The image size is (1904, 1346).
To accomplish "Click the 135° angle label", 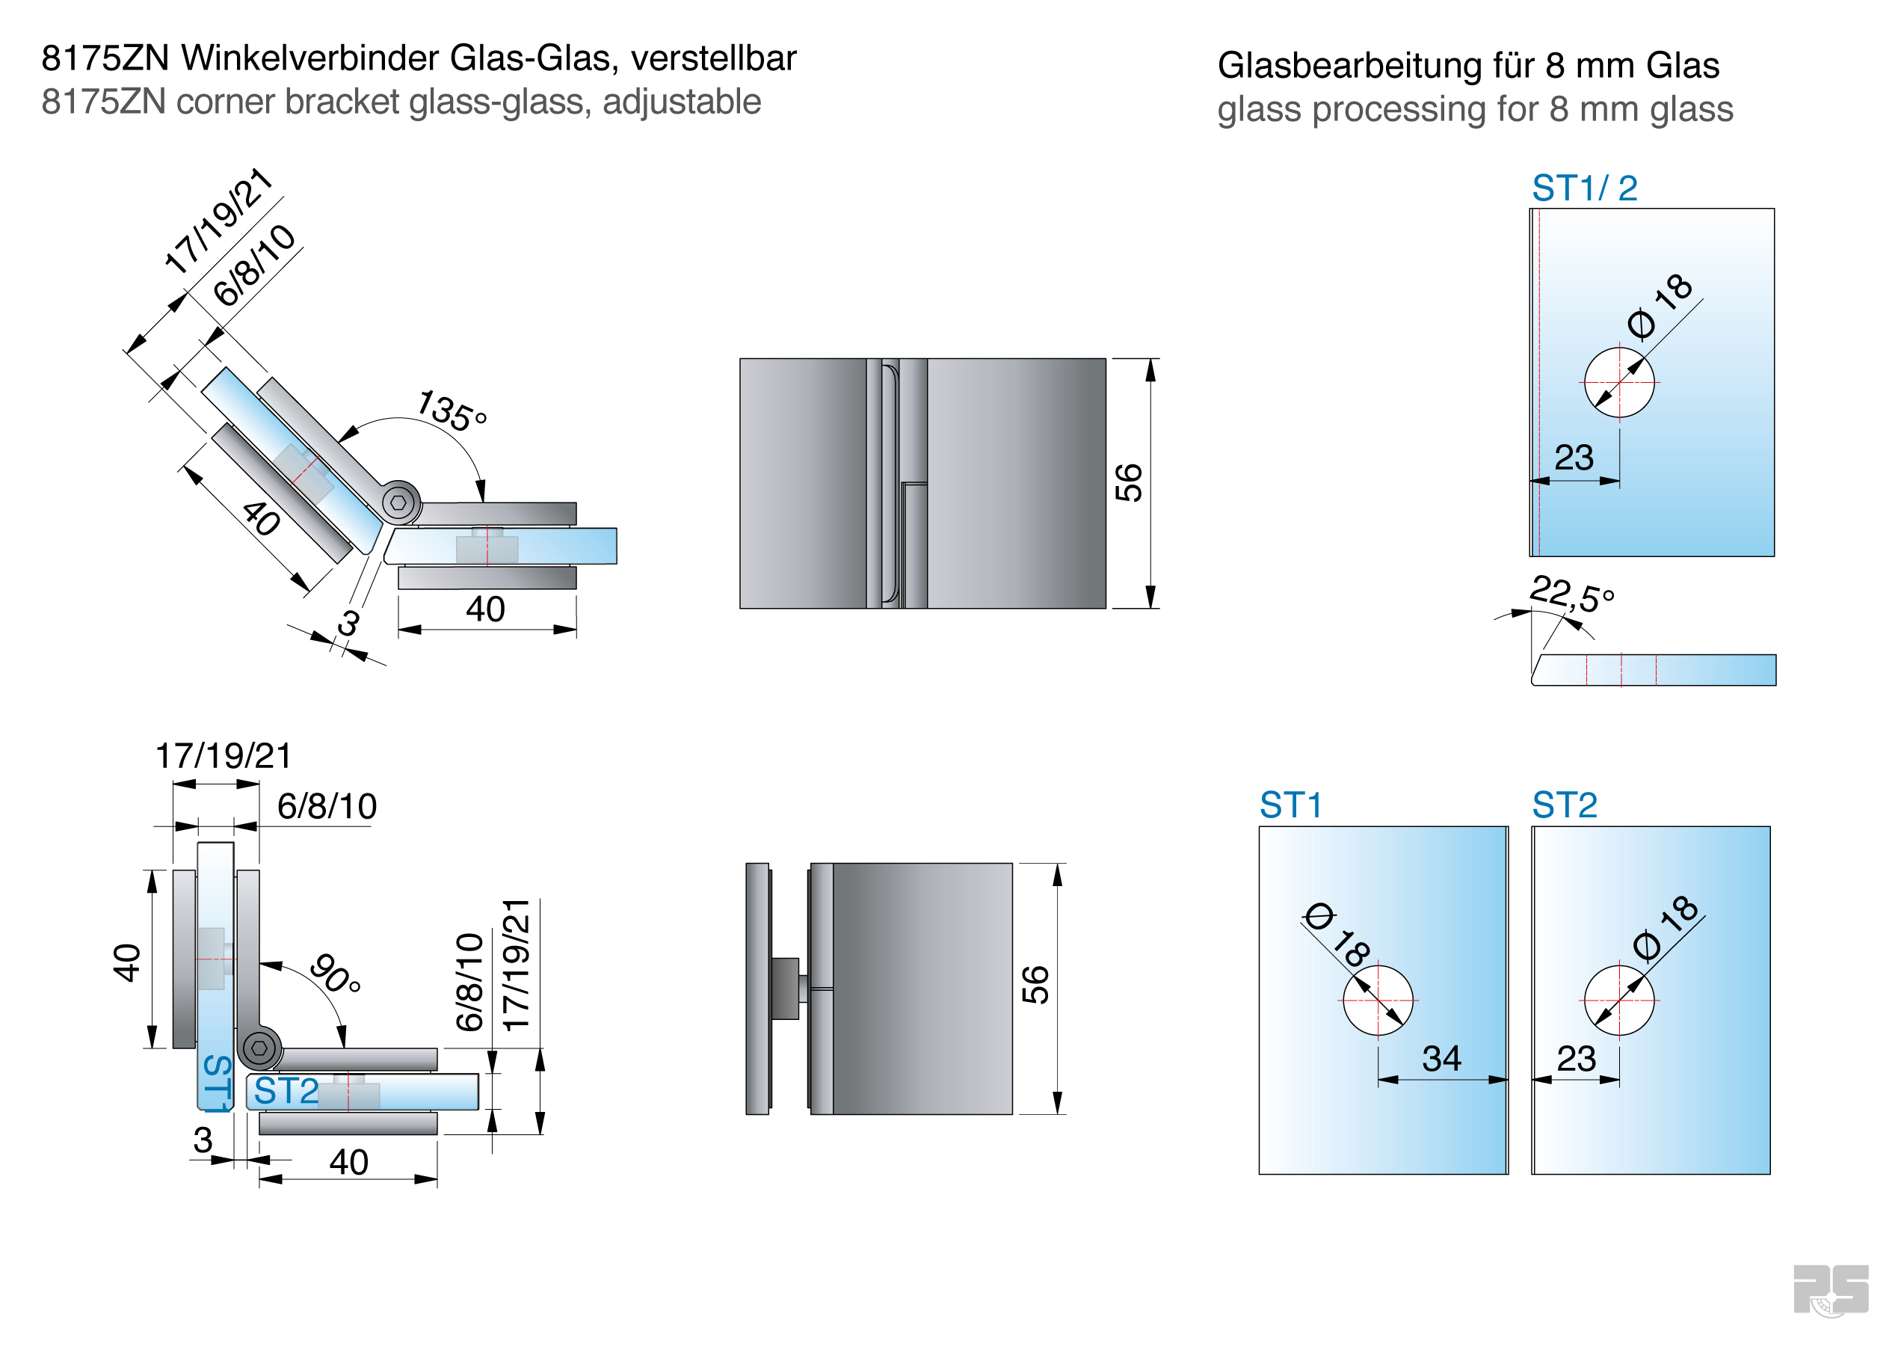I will coord(451,411).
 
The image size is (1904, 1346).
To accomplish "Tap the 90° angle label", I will coord(336,974).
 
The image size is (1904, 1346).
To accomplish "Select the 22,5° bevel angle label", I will coord(1571,593).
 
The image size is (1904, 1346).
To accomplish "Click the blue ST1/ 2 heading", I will coord(1584,188).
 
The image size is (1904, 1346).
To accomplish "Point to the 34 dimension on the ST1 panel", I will coord(1441,1058).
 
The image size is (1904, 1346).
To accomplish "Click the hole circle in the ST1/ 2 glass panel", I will coord(1618,382).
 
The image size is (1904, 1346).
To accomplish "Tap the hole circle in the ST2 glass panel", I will coord(1618,1001).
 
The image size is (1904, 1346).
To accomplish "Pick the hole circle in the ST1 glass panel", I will coord(1378,1001).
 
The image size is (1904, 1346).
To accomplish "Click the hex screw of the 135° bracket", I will coord(399,503).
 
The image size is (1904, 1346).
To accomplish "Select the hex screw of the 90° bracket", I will coord(259,1048).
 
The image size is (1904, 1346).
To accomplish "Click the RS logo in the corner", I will coord(1830,1290).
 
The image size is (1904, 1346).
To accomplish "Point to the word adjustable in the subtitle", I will coord(681,102).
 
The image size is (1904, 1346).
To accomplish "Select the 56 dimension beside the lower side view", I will coord(1036,986).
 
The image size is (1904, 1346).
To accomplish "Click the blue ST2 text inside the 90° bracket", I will coord(286,1090).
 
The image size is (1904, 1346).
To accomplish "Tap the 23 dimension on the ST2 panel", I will coord(1576,1058).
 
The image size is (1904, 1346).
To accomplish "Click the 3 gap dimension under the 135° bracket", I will coord(349,623).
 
